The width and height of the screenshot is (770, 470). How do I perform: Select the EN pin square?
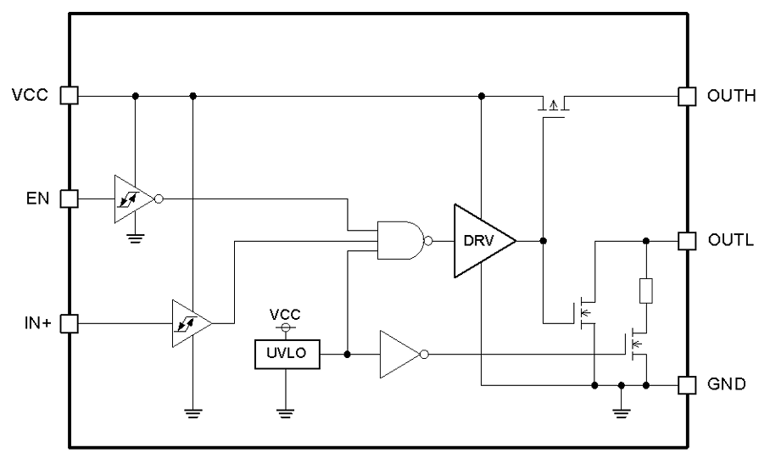(70, 199)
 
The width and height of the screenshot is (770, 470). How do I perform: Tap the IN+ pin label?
(36, 323)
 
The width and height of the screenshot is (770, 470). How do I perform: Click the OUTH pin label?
(730, 95)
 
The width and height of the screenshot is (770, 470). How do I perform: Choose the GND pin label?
(727, 384)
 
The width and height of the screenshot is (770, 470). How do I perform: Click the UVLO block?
(288, 353)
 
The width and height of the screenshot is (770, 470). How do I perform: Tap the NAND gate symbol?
(399, 241)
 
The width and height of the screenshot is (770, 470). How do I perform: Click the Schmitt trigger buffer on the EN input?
(133, 199)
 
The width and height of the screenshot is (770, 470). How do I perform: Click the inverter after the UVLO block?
(399, 353)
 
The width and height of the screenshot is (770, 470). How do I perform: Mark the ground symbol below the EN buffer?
(133, 238)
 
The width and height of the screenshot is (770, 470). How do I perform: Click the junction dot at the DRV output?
(543, 241)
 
